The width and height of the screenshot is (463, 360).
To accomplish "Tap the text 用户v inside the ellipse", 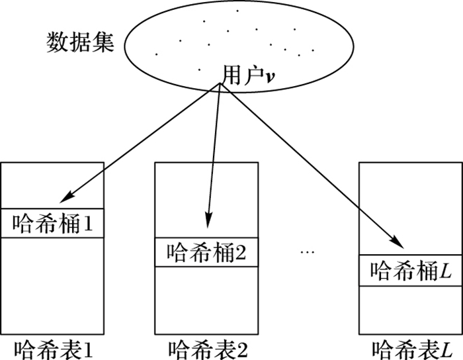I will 249,77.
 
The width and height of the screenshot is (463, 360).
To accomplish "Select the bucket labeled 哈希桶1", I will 53,224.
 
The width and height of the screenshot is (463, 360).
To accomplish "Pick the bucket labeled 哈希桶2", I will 206,253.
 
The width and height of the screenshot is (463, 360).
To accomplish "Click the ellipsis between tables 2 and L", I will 308,252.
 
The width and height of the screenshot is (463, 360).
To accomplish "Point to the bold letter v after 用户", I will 270,78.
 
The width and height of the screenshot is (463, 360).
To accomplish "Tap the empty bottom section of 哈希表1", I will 53,285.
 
